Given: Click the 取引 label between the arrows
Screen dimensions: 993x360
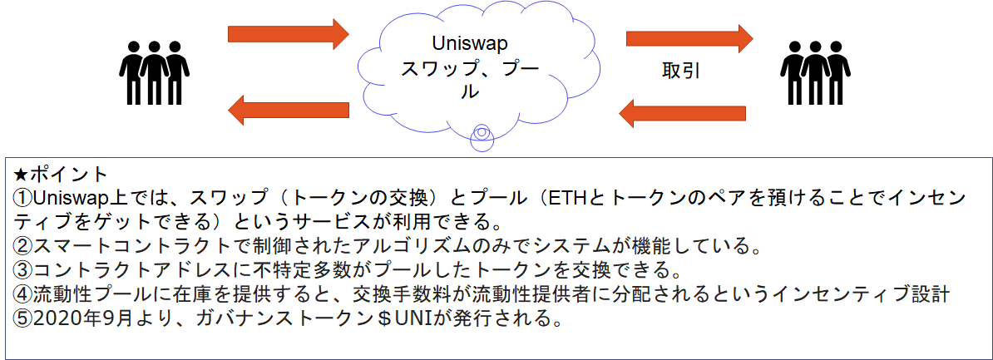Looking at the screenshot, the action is [x=681, y=71].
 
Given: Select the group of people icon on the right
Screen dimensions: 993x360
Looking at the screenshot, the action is [x=815, y=73].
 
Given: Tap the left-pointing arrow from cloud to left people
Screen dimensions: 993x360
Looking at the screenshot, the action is [x=288, y=110].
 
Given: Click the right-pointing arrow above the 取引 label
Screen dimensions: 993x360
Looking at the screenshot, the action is [x=689, y=38].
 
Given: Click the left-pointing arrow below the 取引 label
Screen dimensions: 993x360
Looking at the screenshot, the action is [x=682, y=113].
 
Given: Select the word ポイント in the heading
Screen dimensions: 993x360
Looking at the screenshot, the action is [x=70, y=174].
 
